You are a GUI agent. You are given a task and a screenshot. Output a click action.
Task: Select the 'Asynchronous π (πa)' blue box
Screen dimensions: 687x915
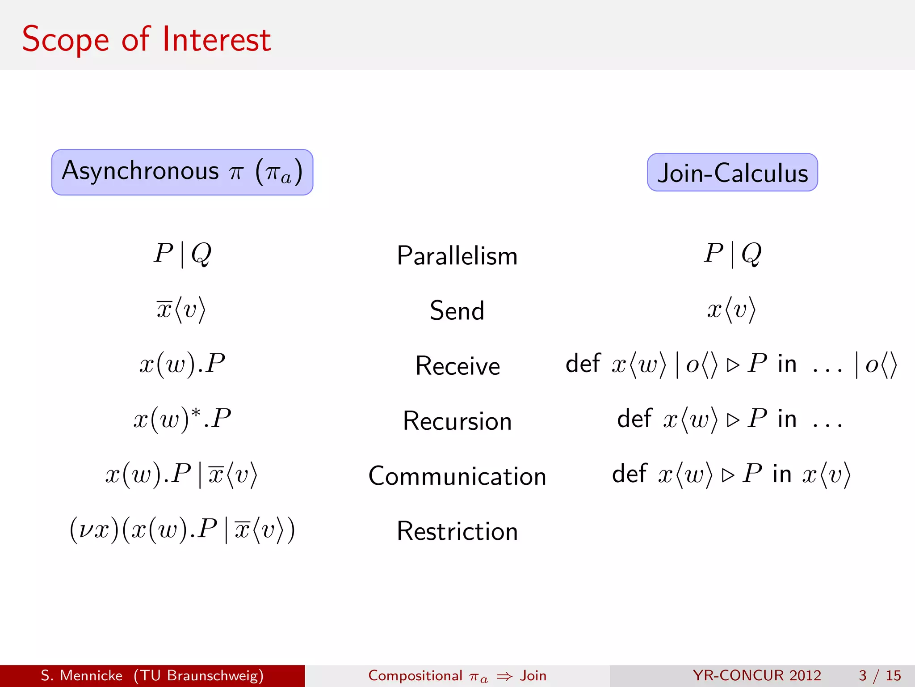point(182,172)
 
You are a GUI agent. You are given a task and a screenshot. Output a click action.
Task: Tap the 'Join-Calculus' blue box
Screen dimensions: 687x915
point(732,173)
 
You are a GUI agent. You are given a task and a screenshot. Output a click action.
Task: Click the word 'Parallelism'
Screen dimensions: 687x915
point(457,256)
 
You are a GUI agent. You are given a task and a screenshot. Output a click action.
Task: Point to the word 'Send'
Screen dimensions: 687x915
point(457,310)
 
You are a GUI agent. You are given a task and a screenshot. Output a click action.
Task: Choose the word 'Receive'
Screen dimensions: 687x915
point(457,366)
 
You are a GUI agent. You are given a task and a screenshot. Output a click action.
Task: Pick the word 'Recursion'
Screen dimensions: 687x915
point(457,421)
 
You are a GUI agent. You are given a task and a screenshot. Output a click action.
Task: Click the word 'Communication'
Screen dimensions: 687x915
point(457,476)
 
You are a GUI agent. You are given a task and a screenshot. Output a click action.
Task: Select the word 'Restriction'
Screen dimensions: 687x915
point(457,531)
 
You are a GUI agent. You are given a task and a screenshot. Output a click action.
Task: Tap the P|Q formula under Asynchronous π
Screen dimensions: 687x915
point(182,254)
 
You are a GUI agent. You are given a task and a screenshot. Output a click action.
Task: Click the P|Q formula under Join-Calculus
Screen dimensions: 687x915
point(732,254)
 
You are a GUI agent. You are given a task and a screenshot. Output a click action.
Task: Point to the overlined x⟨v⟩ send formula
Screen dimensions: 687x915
point(181,310)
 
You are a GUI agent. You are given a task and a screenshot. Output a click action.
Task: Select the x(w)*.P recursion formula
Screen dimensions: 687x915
point(182,419)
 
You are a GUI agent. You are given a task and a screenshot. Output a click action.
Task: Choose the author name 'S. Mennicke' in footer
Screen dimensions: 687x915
point(81,675)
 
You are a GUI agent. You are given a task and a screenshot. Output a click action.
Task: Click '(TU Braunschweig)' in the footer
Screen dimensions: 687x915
point(198,675)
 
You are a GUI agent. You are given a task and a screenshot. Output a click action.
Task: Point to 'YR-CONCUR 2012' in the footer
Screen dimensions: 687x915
point(757,675)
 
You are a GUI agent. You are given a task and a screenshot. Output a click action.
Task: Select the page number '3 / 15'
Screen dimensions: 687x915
point(880,675)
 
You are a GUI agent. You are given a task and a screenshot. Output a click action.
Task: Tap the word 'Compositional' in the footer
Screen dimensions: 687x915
point(415,675)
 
